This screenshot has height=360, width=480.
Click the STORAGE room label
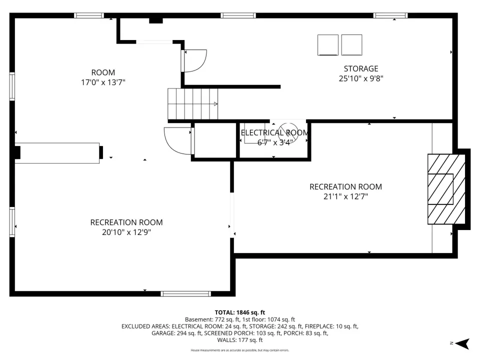pyautogui.click(x=361, y=68)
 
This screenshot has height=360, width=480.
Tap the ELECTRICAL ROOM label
pyautogui.click(x=274, y=132)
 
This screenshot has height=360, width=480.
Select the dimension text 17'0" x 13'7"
pyautogui.click(x=103, y=82)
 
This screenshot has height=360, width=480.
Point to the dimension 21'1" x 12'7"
pyautogui.click(x=345, y=196)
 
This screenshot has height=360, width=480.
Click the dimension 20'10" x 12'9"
pyautogui.click(x=126, y=232)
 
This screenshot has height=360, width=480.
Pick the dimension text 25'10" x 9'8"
pyautogui.click(x=361, y=78)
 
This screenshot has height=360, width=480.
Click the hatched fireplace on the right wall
pyautogui.click(x=446, y=189)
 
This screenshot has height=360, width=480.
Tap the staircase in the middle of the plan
pyautogui.click(x=192, y=104)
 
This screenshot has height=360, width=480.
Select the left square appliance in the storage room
pyautogui.click(x=328, y=45)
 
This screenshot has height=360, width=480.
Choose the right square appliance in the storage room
pyautogui.click(x=351, y=45)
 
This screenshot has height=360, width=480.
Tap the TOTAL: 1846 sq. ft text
pyautogui.click(x=240, y=312)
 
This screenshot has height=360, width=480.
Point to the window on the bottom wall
pyautogui.click(x=186, y=294)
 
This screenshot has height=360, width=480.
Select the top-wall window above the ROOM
pyautogui.click(x=89, y=15)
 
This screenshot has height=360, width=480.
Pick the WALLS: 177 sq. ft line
pyautogui.click(x=240, y=340)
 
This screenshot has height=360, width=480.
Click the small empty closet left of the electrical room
pyautogui.click(x=215, y=140)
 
